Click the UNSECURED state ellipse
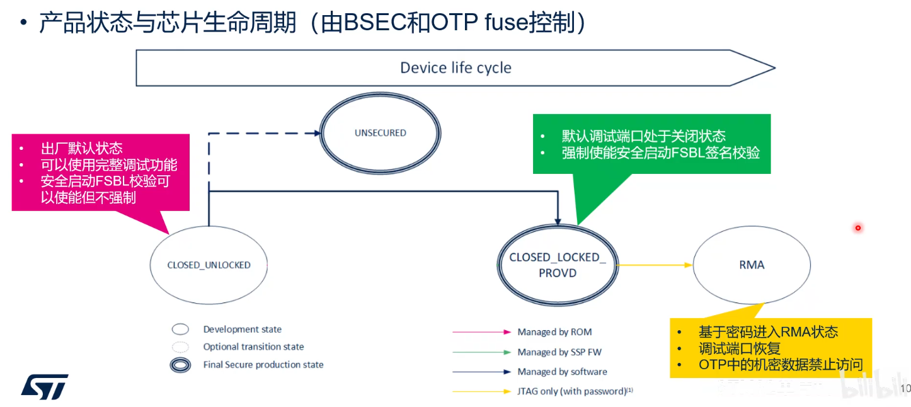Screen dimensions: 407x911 tap(380, 133)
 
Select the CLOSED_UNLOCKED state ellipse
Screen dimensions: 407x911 tap(209, 265)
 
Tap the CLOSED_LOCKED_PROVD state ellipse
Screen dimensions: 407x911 tap(557, 265)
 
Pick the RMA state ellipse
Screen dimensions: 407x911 tap(752, 265)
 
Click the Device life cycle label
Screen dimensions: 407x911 tap(455, 68)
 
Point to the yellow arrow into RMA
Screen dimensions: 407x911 tap(655, 265)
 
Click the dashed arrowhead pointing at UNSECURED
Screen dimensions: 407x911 tap(317, 133)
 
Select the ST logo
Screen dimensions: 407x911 tap(45, 386)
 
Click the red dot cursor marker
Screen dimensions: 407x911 tap(857, 227)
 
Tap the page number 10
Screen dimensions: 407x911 tap(906, 388)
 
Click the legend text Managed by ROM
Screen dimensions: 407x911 tap(554, 332)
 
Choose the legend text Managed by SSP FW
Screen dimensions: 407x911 tap(559, 352)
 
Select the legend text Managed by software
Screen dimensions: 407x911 tap(562, 372)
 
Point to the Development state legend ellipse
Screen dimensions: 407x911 tap(180, 330)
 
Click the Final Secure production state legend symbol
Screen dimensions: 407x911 tap(180, 365)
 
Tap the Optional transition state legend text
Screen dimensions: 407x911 tap(253, 347)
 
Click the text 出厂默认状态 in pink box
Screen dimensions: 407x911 tap(82, 149)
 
